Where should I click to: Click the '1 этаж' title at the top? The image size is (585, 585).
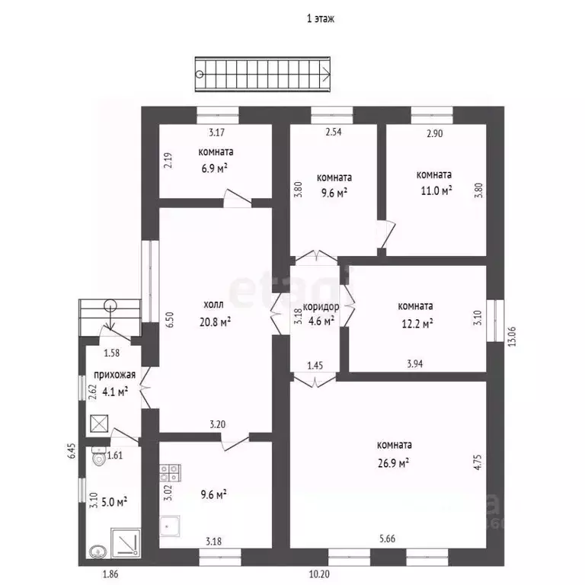pos(321,18)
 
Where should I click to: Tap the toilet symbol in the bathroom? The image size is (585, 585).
pos(99,456)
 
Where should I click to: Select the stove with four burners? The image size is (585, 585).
pos(170,473)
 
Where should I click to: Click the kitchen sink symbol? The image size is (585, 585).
pos(170,526)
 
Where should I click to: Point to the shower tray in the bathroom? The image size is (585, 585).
pos(126,543)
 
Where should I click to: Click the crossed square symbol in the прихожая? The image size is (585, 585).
pos(100,424)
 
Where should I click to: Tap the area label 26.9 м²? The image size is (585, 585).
pos(393,463)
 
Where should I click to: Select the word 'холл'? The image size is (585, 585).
pos(214,305)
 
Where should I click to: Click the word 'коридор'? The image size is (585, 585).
pos(321,307)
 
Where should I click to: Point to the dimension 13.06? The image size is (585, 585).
pos(512,337)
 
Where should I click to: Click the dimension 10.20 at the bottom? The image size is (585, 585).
pos(320,574)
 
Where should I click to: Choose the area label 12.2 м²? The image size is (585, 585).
pos(417,323)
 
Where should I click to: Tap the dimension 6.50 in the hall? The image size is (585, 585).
pos(170,320)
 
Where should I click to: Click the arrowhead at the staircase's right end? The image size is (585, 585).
pos(326,74)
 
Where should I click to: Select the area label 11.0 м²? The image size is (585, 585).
pos(436,190)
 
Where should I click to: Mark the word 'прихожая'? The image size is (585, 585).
pos(114,375)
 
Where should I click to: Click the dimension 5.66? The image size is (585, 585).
pos(387,539)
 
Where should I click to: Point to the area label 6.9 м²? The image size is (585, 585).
pos(215,168)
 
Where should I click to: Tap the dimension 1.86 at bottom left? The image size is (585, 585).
pos(110,574)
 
